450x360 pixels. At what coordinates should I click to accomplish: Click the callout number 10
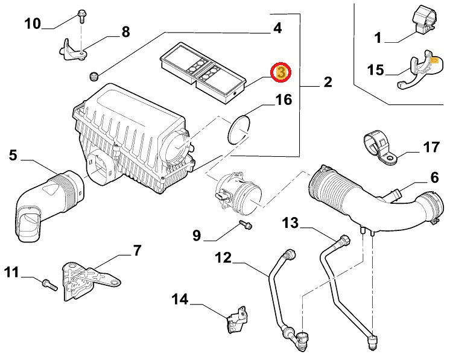coord(33,24)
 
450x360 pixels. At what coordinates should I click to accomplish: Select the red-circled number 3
coord(281,72)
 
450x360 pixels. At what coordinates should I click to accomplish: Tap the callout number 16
coord(284,99)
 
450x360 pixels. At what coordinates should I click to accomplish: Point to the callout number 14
coord(180,299)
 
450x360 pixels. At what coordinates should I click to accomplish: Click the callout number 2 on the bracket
coord(328,82)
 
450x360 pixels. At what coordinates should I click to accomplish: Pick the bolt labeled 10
coord(81,16)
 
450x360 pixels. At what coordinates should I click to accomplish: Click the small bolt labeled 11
coord(49,285)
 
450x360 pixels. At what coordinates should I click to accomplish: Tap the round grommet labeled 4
coord(93,77)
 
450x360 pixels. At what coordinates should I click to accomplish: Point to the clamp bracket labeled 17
coord(379,148)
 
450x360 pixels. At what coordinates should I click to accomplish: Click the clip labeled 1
coord(424,20)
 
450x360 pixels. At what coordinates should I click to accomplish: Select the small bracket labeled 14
coord(237,319)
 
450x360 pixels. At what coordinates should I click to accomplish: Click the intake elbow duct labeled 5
coord(49,204)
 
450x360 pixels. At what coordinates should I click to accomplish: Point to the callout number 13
coord(290,223)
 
